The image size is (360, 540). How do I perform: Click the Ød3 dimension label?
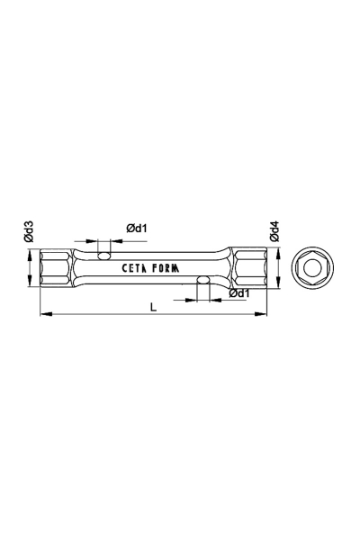[30, 233]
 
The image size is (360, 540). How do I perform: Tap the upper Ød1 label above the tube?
[137, 229]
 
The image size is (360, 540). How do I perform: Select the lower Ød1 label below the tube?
[239, 293]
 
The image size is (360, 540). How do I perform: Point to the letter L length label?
[154, 307]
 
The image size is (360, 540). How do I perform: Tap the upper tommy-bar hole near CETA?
[105, 256]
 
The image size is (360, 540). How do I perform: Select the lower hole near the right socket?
[204, 281]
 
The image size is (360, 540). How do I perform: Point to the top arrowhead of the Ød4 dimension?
[276, 252]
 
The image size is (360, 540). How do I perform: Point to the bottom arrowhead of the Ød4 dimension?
[276, 284]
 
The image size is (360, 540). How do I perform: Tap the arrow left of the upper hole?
[94, 241]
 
